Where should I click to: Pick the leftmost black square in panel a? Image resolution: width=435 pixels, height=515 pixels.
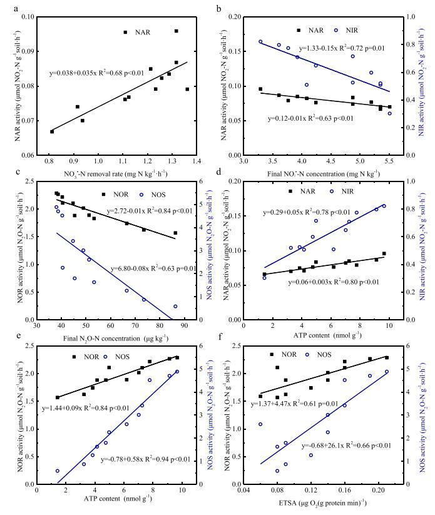click(52, 131)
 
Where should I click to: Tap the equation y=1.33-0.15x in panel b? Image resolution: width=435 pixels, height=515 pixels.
click(341, 48)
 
